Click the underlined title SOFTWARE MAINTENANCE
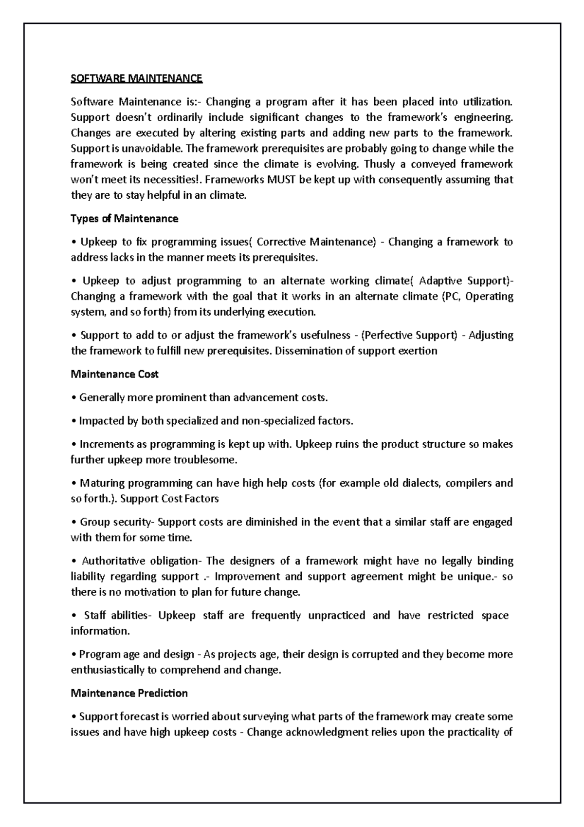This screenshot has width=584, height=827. pos(136,78)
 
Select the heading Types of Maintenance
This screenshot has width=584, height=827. pos(124,219)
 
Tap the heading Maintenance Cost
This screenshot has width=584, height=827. pos(114,374)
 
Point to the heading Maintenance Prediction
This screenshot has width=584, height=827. pos(129,693)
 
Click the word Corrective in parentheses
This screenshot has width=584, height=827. pos(281,242)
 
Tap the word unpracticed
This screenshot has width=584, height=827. pos(336,616)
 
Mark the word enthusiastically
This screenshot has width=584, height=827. pos(108,670)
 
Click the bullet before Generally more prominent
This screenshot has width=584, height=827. pos(73,398)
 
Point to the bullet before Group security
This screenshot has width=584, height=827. pos(73,523)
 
